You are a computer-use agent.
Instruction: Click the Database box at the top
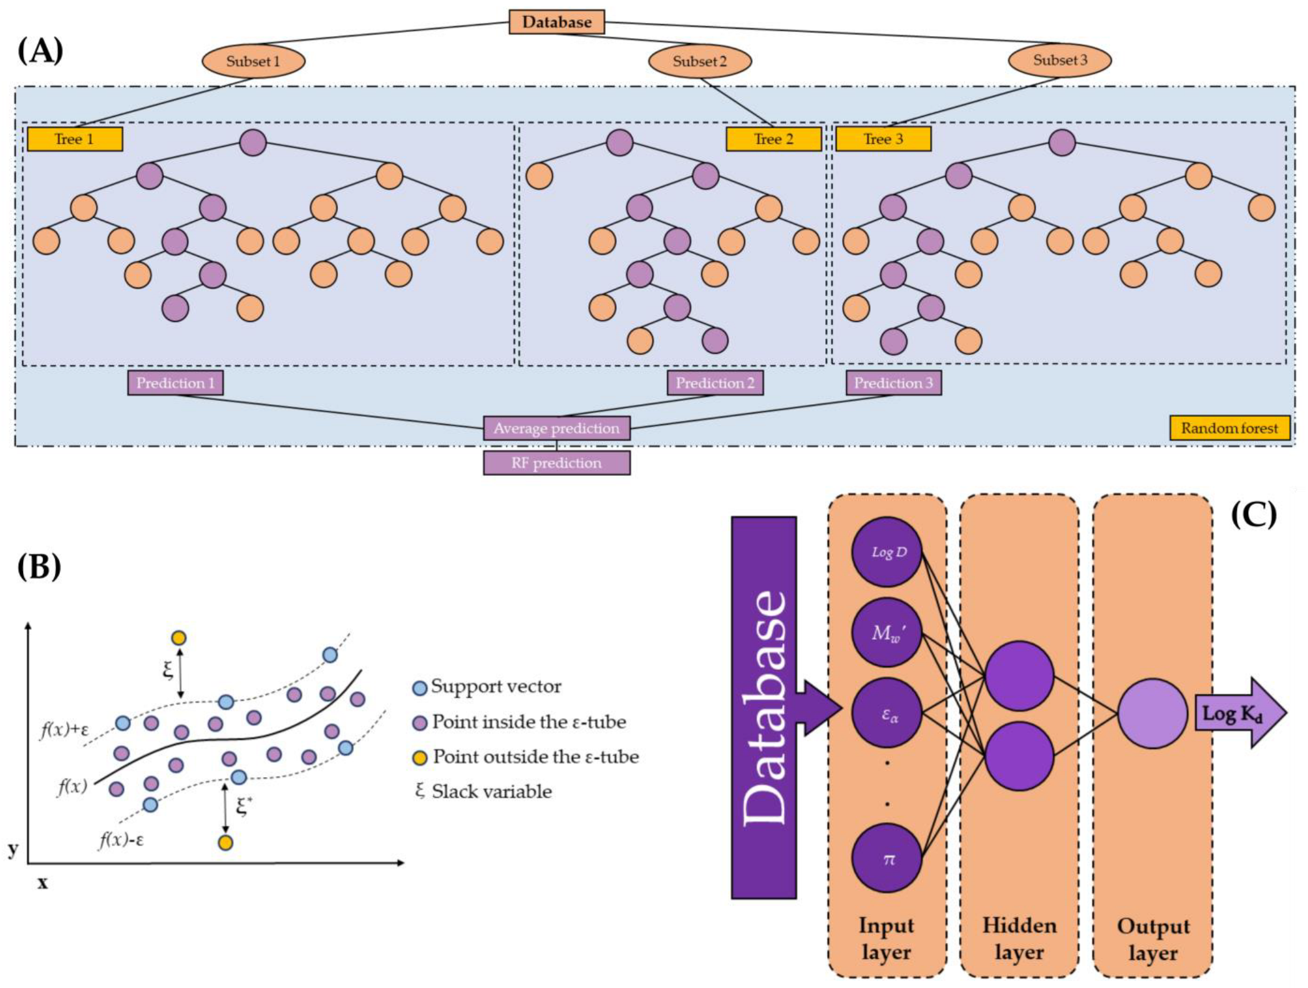pyautogui.click(x=556, y=22)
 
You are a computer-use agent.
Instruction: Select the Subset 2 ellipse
pyautogui.click(x=699, y=61)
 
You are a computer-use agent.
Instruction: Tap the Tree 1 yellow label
pyautogui.click(x=74, y=139)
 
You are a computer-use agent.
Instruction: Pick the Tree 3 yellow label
pyautogui.click(x=883, y=139)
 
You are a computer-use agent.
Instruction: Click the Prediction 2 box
pyautogui.click(x=715, y=383)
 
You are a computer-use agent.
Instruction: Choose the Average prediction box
pyautogui.click(x=556, y=428)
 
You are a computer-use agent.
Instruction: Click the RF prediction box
pyautogui.click(x=556, y=463)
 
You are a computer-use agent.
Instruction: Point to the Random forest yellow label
pyautogui.click(x=1229, y=428)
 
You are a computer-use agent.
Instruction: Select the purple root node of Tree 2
pyautogui.click(x=619, y=143)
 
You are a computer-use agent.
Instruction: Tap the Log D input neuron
pyautogui.click(x=886, y=552)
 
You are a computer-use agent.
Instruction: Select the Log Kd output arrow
pyautogui.click(x=1238, y=712)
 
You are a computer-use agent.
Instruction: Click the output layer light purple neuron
pyautogui.click(x=1151, y=713)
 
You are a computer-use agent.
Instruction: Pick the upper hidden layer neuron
pyautogui.click(x=1019, y=676)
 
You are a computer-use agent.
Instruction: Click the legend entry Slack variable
pyautogui.click(x=484, y=792)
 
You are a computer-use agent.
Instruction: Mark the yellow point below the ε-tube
pyautogui.click(x=225, y=843)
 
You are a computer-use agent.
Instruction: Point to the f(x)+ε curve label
pyautogui.click(x=64, y=729)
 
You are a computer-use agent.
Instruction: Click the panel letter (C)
pyautogui.click(x=1254, y=515)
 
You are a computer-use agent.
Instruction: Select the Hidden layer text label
pyautogui.click(x=1019, y=939)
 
